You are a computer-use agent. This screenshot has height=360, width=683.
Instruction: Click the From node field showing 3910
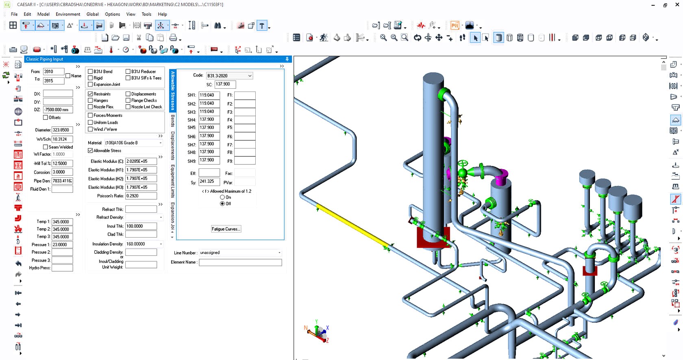click(x=53, y=72)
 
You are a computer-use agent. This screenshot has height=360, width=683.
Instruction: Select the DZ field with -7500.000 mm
click(x=58, y=110)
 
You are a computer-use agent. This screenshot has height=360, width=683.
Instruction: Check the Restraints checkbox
click(x=90, y=94)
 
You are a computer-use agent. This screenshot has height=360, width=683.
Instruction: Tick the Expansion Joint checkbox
click(x=90, y=85)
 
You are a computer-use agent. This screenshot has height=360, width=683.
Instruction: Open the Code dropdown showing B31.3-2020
click(x=229, y=76)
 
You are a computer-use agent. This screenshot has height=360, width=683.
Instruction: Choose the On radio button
click(x=222, y=197)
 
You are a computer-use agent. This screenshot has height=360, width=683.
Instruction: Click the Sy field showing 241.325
click(x=209, y=182)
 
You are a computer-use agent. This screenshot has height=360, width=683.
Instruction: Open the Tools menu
click(x=146, y=14)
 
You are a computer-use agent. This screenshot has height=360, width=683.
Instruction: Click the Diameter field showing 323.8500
click(x=62, y=130)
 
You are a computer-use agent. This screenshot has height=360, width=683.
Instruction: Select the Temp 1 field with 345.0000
click(x=62, y=222)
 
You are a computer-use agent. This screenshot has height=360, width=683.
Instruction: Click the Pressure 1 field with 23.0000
click(x=62, y=245)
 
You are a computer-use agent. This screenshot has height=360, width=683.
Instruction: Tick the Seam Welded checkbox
click(x=46, y=147)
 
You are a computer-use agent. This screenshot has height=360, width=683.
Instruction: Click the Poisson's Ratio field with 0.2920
click(x=141, y=196)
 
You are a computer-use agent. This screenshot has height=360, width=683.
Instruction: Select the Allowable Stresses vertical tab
click(x=173, y=91)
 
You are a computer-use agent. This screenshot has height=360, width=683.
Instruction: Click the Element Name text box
click(x=240, y=263)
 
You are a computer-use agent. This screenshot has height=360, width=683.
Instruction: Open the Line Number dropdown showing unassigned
click(x=240, y=253)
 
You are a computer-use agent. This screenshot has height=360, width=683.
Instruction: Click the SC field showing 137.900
click(x=225, y=85)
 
